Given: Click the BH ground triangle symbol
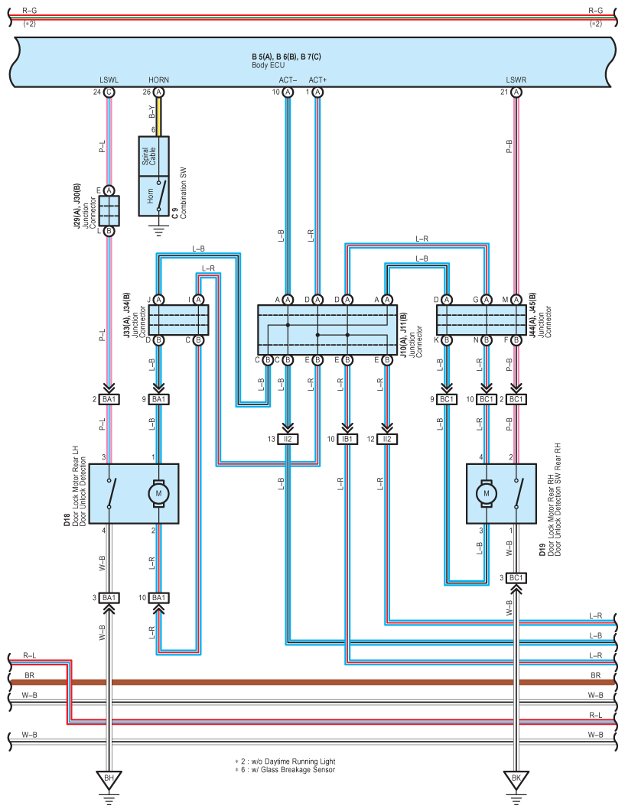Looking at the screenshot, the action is [x=109, y=779].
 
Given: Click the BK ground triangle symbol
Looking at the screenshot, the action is [x=516, y=779].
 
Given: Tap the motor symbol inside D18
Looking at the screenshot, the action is [x=158, y=493].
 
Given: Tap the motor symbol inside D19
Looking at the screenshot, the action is [x=486, y=493].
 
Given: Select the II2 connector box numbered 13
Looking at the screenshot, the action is [x=288, y=439].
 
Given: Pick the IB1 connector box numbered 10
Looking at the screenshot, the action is [x=347, y=439].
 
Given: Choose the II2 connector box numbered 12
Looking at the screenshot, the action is [x=386, y=439].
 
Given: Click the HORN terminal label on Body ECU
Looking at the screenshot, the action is [x=158, y=80].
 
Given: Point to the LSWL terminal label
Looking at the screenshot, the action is [x=109, y=80].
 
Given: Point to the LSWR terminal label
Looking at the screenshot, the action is [x=516, y=80].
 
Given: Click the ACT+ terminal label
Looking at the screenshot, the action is [x=317, y=80].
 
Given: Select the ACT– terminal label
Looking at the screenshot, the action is [x=288, y=80].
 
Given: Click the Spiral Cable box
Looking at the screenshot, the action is [x=154, y=156].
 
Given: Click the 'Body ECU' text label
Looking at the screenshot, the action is [x=268, y=65].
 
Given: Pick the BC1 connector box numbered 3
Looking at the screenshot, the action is [x=516, y=577].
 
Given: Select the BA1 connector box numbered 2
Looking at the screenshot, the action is [x=109, y=399].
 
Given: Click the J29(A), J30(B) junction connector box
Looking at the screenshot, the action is [x=109, y=211].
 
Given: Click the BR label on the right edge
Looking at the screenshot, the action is [x=595, y=675].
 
